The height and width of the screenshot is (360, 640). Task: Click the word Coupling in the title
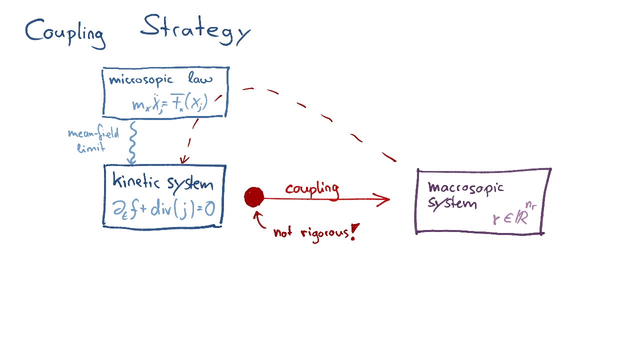pos(65,33)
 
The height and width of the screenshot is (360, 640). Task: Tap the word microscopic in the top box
pos(141,80)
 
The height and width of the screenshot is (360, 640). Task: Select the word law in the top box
pos(200,78)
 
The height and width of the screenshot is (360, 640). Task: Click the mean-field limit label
pos(93,140)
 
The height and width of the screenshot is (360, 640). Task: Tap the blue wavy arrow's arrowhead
pos(131,161)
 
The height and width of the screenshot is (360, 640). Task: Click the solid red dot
pos(254,197)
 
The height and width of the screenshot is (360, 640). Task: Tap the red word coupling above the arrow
pos(312,189)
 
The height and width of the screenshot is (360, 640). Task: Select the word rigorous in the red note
pos(323,232)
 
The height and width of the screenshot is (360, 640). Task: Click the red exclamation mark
pos(354,232)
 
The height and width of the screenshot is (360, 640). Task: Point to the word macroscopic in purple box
pos(465,187)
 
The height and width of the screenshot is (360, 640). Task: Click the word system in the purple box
pos(451,203)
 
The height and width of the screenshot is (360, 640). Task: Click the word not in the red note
pos(282,232)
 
